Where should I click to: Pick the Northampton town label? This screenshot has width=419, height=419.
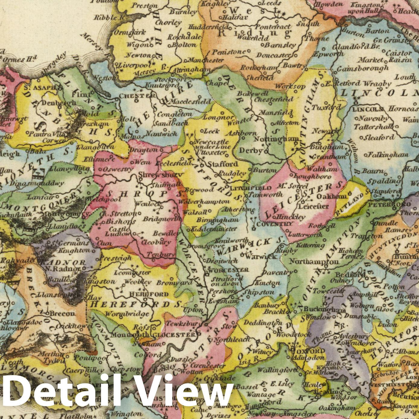tap(314, 262)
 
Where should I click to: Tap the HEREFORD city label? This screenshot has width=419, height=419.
tap(149, 294)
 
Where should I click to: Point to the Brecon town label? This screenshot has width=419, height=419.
tap(62, 313)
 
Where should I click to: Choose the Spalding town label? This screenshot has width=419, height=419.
tap(388, 181)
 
